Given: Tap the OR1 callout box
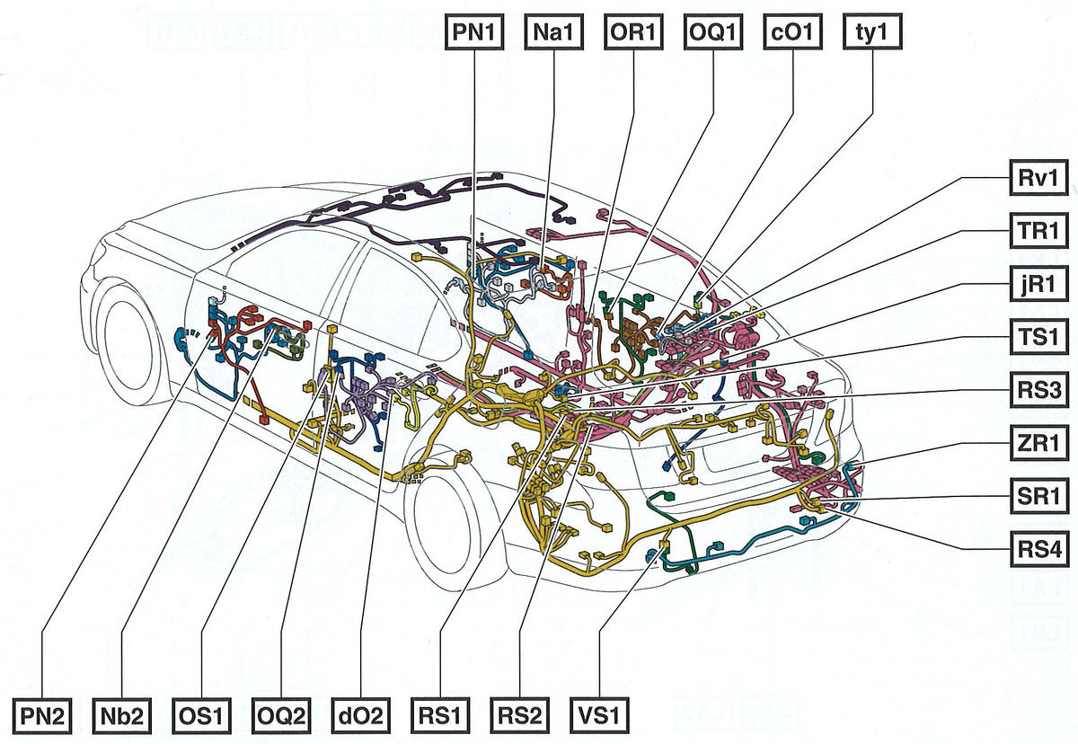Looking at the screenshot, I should tap(633, 33).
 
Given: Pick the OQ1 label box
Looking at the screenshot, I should tap(713, 33).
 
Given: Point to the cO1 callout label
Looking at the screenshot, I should tap(792, 33).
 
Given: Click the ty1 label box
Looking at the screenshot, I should tap(872, 33).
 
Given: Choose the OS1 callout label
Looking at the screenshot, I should tap(200, 716).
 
